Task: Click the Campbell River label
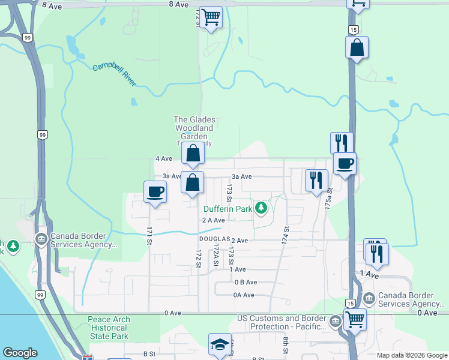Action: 115,74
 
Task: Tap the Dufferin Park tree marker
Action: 261,208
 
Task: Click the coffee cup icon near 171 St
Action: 155,192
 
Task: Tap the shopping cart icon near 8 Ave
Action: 211,17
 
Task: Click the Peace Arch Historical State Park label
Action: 108,328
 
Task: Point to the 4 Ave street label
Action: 163,158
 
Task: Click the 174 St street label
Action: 286,234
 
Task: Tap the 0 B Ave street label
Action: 246,282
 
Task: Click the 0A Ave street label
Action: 244,295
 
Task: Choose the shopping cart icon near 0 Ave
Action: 355,319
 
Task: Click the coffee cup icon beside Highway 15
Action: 345,163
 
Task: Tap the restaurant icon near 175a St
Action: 316,180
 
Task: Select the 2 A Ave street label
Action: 213,220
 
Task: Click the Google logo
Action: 20,353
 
